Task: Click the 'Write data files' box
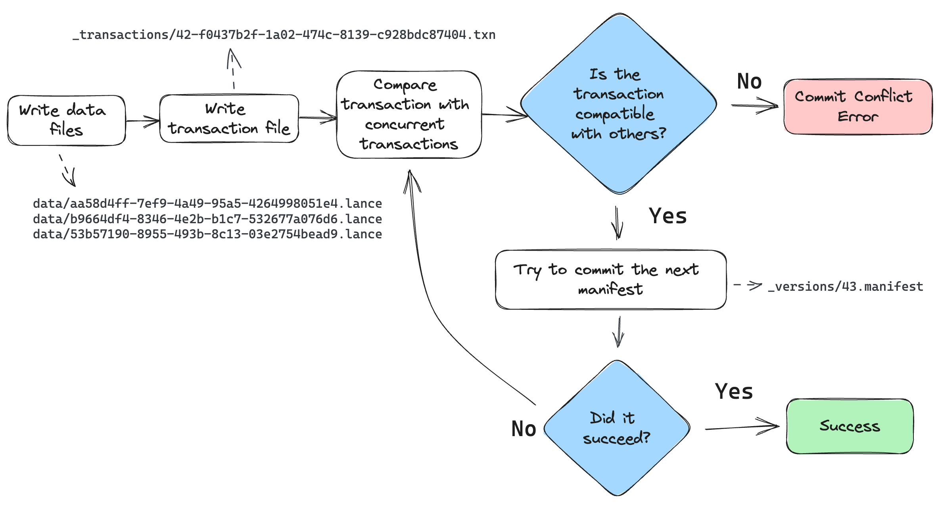pyautogui.click(x=66, y=120)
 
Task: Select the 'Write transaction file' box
pyautogui.click(x=229, y=118)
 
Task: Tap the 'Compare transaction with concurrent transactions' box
pyautogui.click(x=409, y=114)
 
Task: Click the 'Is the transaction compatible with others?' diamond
pyautogui.click(x=618, y=104)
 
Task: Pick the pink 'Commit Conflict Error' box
pyautogui.click(x=858, y=106)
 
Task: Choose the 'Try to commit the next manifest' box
pyautogui.click(x=610, y=280)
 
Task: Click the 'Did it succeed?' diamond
pyautogui.click(x=617, y=428)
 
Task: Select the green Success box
pyautogui.click(x=850, y=426)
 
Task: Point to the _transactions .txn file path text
pyautogui.click(x=284, y=35)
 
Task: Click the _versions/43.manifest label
pyautogui.click(x=845, y=286)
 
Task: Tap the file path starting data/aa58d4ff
pyautogui.click(x=207, y=203)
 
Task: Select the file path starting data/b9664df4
pyautogui.click(x=207, y=219)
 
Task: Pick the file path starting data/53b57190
pyautogui.click(x=207, y=234)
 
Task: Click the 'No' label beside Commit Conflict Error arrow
pyautogui.click(x=749, y=81)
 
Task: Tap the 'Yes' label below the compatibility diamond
pyautogui.click(x=668, y=216)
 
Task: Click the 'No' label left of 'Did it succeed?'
pyautogui.click(x=524, y=429)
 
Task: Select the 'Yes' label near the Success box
pyautogui.click(x=734, y=392)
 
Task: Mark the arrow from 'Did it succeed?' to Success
pyautogui.click(x=742, y=427)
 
